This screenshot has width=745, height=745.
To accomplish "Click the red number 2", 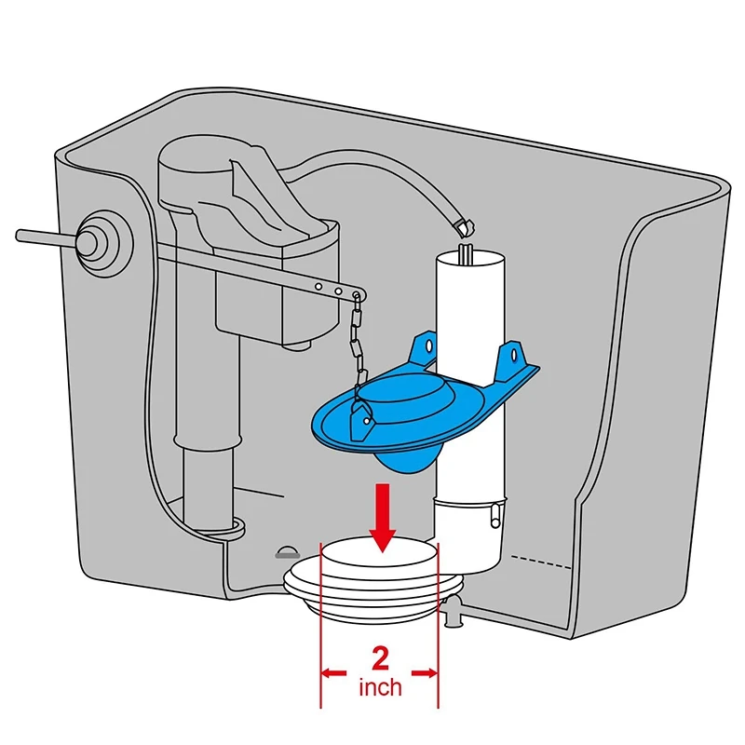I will point(380,659).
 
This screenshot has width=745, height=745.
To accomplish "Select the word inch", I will point(380,688).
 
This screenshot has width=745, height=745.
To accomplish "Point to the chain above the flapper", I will point(354,345).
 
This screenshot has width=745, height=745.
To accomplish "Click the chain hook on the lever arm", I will point(356,297).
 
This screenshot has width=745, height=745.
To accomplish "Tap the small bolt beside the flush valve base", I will point(454,612).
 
